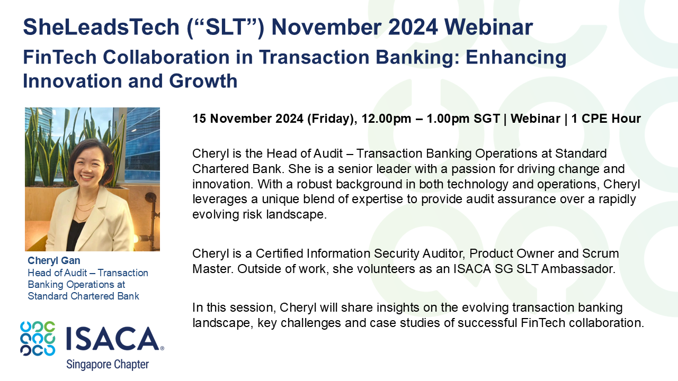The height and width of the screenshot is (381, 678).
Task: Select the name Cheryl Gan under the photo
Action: click(x=54, y=261)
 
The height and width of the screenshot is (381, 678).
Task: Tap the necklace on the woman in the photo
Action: click(x=85, y=206)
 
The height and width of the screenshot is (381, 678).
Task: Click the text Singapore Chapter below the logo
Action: click(x=108, y=365)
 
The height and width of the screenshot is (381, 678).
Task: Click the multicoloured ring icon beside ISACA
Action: click(x=38, y=339)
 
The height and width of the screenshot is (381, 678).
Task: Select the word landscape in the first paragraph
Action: click(x=301, y=214)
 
